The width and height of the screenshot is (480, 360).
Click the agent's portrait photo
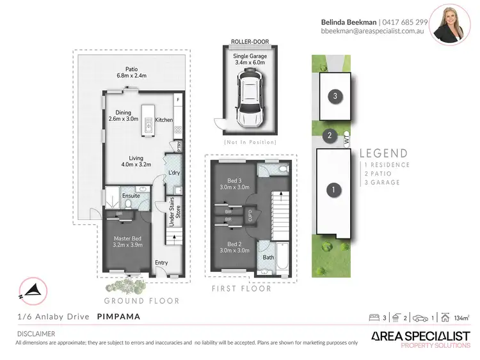point(449,24)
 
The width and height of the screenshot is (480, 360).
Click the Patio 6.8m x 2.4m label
point(131,72)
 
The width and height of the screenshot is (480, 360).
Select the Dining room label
point(123,115)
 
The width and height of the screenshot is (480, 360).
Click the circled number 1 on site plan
point(332,190)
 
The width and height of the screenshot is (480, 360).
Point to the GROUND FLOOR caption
point(142,301)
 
